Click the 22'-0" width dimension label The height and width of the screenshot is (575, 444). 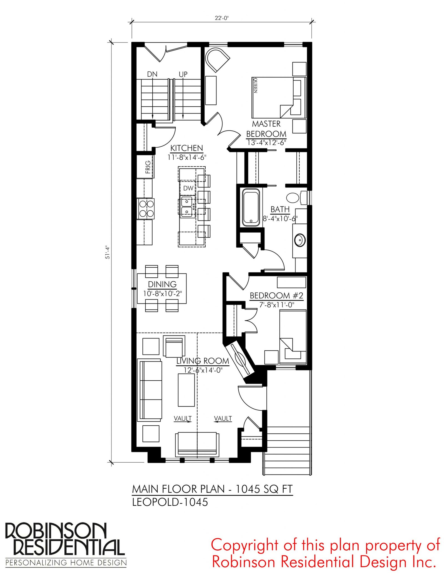[x=221, y=18]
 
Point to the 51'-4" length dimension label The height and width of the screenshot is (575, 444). [x=108, y=253]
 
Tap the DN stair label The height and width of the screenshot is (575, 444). [x=152, y=74]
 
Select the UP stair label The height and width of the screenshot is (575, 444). [x=183, y=74]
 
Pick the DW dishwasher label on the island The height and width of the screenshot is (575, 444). [x=188, y=188]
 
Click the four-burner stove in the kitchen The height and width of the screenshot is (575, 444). [x=146, y=209]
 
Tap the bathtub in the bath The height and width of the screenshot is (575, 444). [x=251, y=207]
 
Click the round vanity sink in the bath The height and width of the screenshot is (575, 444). [x=300, y=240]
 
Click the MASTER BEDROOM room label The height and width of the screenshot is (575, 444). [x=266, y=129]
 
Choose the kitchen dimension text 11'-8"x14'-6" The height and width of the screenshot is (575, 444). [x=187, y=157]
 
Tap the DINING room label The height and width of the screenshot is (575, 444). [x=162, y=284]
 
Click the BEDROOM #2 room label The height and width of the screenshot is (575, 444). [x=276, y=296]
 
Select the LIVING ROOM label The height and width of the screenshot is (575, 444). [x=203, y=361]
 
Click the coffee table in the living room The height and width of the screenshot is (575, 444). [x=186, y=390]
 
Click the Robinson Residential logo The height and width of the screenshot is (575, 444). [x=66, y=544]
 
